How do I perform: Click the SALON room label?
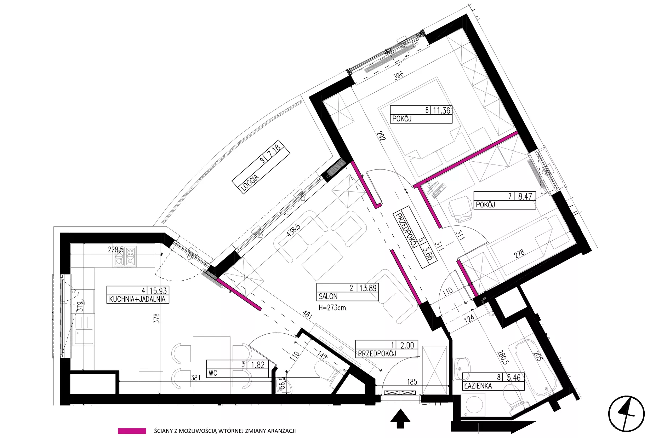[328, 296]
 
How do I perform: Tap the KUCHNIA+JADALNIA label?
[137, 299]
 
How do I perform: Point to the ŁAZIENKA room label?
[478, 386]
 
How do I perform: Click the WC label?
[213, 373]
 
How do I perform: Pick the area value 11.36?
[441, 110]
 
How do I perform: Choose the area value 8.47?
[525, 196]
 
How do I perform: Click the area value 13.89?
[368, 288]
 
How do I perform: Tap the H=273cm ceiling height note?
[332, 308]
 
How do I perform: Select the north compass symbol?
[626, 414]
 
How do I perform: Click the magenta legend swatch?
[132, 431]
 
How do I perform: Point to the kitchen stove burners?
[125, 257]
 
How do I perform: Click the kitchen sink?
[84, 337]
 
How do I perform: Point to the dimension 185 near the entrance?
[412, 382]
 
